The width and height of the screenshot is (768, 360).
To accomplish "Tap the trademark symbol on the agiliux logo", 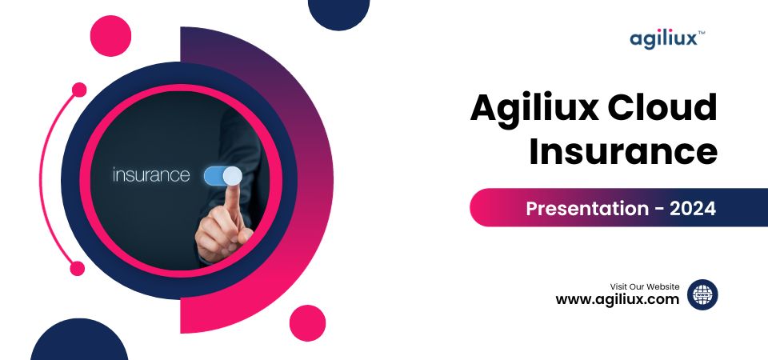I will [x=702, y=34].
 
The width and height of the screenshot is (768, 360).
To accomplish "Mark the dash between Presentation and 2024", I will [x=658, y=210].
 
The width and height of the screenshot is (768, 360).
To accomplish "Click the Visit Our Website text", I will [x=645, y=286].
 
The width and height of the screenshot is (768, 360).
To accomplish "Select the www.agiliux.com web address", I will [x=618, y=300].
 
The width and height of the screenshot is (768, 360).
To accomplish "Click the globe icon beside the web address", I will [x=702, y=294].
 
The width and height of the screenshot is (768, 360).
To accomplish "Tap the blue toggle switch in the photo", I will [x=222, y=176].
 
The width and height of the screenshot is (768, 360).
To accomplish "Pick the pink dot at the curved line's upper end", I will [x=78, y=90].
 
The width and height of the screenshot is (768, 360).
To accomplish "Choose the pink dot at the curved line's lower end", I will [x=78, y=269].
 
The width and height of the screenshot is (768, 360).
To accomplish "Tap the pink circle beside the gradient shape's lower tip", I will [x=307, y=322].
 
